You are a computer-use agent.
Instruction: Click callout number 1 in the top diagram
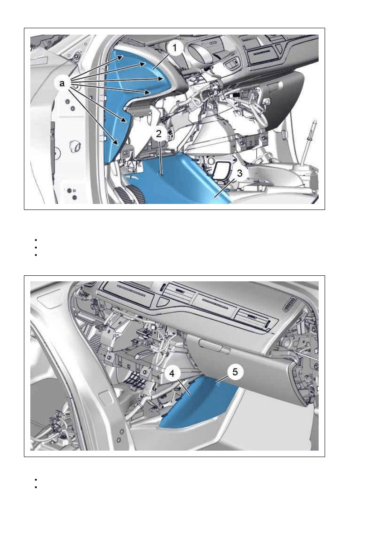coord(175,48)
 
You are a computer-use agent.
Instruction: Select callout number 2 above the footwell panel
coord(159,134)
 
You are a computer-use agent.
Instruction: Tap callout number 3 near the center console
coord(239,173)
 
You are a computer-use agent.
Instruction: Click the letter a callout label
coord(62,83)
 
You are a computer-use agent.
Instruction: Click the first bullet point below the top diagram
coord(35,240)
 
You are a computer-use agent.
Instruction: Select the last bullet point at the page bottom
coord(35,487)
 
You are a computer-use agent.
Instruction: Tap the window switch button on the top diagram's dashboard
coord(232,63)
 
